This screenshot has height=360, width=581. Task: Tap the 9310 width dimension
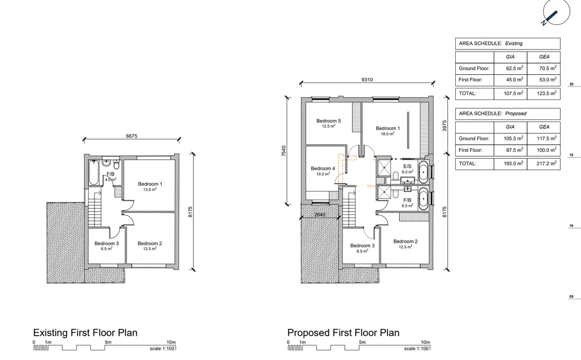coord(367,80)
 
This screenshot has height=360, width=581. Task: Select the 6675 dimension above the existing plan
coord(131,136)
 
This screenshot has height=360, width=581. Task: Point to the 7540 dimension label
coord(284,151)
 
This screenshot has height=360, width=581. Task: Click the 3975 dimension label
coord(445,125)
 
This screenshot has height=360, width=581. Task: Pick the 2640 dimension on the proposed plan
coord(320,215)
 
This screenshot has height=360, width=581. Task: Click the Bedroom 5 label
coord(329,121)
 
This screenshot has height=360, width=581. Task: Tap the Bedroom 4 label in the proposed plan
coord(323,168)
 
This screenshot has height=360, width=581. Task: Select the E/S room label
coord(407,166)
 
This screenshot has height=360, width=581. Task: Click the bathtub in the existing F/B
coord(94,173)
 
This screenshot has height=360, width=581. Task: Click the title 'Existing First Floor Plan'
coord(85,333)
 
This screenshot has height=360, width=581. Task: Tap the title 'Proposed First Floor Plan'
coord(343,333)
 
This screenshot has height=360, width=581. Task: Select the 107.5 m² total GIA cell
coord(514,94)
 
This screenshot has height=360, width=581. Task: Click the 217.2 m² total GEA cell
coord(547,163)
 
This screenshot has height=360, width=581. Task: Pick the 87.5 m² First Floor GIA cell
coord(515,150)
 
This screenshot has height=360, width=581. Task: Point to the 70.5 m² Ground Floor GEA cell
coord(548,68)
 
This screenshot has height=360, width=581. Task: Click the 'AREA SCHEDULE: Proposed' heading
coord(493,113)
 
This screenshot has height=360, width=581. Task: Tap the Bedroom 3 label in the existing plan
coord(107,244)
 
